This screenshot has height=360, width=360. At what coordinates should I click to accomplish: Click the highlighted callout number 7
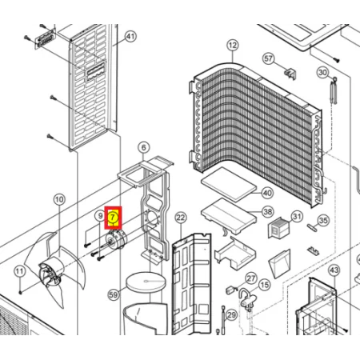click(x=113, y=218)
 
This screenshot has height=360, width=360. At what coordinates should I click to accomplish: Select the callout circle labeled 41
click(x=130, y=36)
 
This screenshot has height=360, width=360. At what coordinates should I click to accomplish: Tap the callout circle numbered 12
click(x=233, y=46)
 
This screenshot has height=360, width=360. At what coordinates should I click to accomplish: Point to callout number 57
click(x=269, y=58)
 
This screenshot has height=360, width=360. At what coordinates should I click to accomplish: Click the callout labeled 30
click(x=323, y=72)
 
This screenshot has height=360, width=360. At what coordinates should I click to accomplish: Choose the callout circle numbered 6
click(x=144, y=147)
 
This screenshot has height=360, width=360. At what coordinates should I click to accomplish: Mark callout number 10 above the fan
click(x=59, y=199)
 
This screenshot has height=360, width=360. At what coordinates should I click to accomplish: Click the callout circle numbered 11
click(x=19, y=272)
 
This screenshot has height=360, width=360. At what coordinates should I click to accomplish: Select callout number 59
click(x=114, y=294)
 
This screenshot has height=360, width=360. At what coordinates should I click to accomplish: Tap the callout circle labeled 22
click(x=181, y=218)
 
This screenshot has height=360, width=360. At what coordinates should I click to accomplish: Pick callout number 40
click(x=267, y=193)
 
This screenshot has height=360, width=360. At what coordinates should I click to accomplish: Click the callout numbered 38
click(x=268, y=212)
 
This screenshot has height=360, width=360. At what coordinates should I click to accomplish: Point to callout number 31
click(x=297, y=217)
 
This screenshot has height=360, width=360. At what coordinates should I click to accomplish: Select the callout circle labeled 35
click(x=323, y=221)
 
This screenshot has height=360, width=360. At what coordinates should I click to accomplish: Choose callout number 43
click(x=334, y=270)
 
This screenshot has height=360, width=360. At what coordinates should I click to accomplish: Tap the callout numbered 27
click(x=251, y=278)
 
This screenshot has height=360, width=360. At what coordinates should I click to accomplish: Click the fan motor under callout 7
click(x=116, y=239)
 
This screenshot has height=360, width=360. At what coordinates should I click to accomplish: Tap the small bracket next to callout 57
click(x=290, y=74)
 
